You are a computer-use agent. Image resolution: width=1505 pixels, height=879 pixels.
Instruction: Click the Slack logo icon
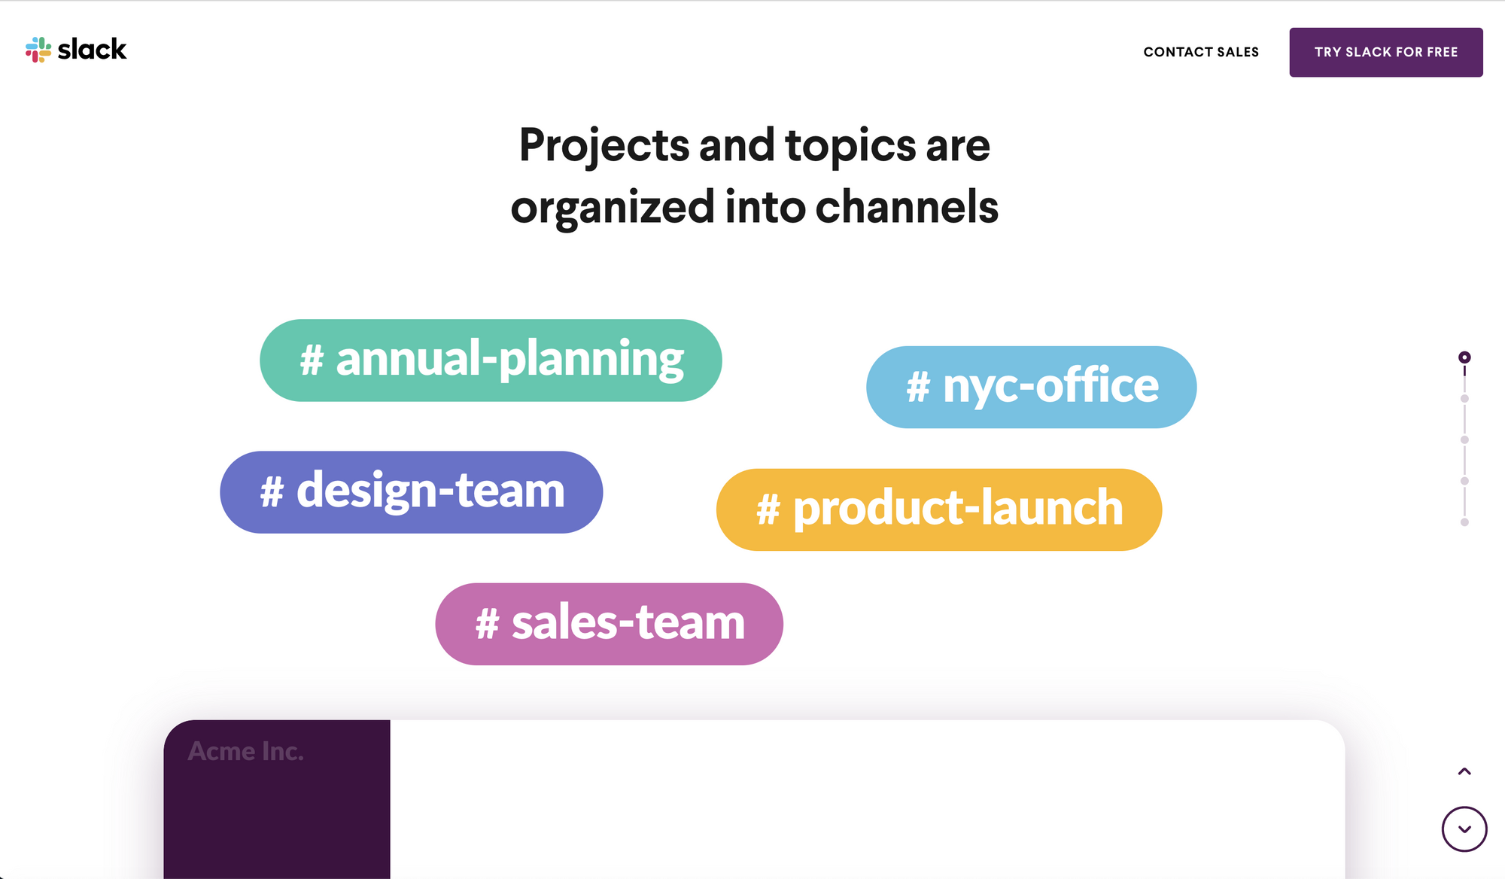point(38,50)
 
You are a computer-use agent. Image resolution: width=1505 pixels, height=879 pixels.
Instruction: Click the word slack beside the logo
point(92,50)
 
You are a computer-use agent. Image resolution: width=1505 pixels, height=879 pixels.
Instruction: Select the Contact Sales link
point(1201,52)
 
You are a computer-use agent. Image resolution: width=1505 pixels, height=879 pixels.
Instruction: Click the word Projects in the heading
point(604,146)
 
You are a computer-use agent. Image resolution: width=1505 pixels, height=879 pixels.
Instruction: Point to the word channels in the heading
point(907,207)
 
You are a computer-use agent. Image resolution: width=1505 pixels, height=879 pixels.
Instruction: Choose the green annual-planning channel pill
point(491,360)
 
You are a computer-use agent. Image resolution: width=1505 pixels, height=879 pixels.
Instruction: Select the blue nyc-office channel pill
point(1031,387)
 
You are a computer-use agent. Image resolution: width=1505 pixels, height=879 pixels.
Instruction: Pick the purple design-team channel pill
point(411,492)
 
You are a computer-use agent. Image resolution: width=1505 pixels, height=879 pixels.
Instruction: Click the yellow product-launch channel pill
point(938,509)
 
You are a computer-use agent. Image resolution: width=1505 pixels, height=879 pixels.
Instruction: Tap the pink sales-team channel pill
point(609,624)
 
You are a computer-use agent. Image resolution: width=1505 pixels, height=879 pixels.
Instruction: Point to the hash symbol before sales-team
point(487,625)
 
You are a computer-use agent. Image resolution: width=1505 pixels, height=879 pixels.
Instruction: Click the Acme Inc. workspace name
point(245,751)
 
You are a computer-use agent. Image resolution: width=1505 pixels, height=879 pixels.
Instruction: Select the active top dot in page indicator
point(1464,357)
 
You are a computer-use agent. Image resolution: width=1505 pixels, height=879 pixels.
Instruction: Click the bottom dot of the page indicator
point(1464,522)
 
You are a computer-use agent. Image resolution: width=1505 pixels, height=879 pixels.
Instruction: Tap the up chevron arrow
point(1464,771)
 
